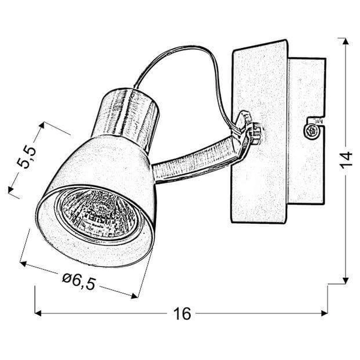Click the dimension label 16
pyautogui.click(x=182, y=313)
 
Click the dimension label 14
pyautogui.click(x=346, y=160)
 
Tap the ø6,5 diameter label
pyautogui.click(x=79, y=281)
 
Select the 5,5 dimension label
pyautogui.click(x=26, y=157)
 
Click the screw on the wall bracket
pyautogui.click(x=312, y=131)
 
